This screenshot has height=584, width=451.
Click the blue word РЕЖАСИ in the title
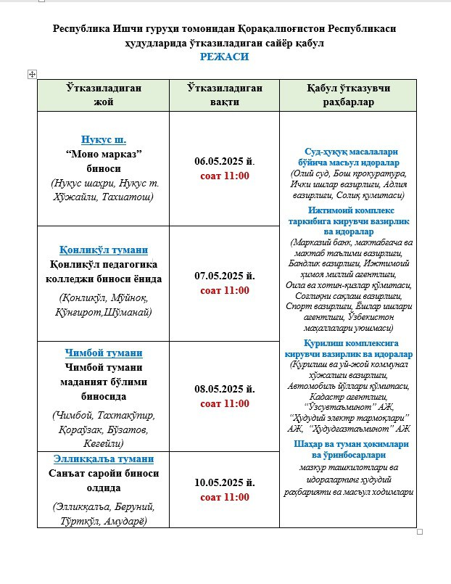coord(225,57)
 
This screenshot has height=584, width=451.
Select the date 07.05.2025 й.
coord(224,276)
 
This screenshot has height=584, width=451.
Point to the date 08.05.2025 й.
coord(224,389)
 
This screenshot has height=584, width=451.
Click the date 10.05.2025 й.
coord(224,482)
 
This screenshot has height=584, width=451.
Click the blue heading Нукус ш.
coord(104,140)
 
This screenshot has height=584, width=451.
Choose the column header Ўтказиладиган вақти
coord(224,95)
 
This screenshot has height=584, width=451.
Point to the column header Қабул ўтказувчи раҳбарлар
coord(350,95)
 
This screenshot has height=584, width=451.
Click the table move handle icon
coord(32,74)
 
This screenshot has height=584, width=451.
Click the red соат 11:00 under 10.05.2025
coord(224,497)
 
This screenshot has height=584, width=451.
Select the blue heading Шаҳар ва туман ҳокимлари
coord(350,444)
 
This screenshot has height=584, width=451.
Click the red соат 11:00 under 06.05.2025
coord(224,176)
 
